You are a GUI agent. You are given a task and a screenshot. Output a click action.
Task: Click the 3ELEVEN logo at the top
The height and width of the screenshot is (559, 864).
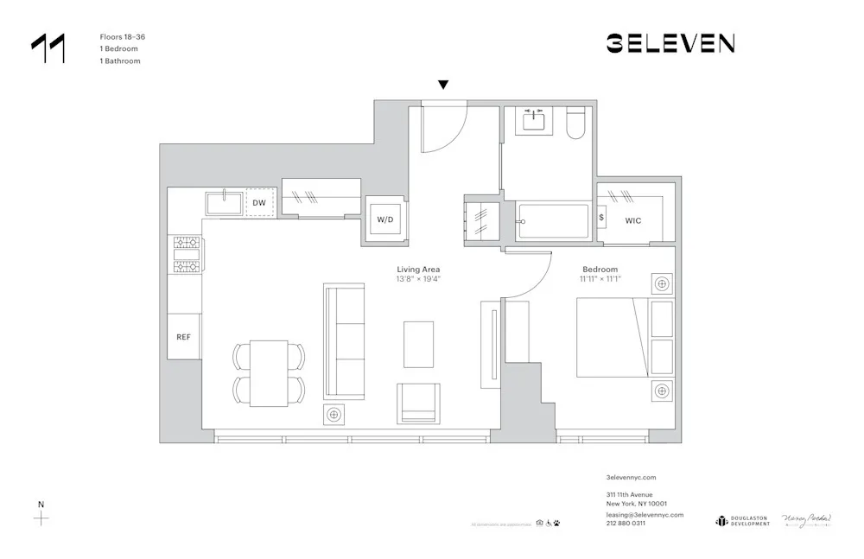pyautogui.click(x=670, y=43)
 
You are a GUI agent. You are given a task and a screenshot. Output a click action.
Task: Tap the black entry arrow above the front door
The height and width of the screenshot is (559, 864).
pyautogui.click(x=443, y=85)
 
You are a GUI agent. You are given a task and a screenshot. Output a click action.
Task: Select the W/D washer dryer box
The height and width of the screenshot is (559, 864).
pyautogui.click(x=384, y=219)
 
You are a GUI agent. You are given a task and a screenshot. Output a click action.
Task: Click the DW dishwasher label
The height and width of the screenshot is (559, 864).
pyautogui.click(x=259, y=203)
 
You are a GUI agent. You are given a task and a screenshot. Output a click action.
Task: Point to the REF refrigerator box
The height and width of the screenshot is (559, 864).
pyautogui.click(x=184, y=337)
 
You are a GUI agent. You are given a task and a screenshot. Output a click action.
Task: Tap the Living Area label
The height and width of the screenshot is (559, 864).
pyautogui.click(x=418, y=270)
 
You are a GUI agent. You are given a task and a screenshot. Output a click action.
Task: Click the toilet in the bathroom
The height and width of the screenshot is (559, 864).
pyautogui.click(x=576, y=126)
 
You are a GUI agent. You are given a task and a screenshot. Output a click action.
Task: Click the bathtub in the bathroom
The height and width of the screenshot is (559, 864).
pyautogui.click(x=552, y=221)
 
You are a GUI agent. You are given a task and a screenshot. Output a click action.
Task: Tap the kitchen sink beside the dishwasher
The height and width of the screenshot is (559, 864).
pyautogui.click(x=225, y=203)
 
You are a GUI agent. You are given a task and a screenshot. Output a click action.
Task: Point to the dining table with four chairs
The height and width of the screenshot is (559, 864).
pyautogui.click(x=269, y=372)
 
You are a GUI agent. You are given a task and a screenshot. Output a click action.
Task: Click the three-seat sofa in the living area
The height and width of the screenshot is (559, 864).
pyautogui.click(x=344, y=341)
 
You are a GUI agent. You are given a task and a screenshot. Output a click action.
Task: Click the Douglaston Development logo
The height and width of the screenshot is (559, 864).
pyautogui.click(x=742, y=520)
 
